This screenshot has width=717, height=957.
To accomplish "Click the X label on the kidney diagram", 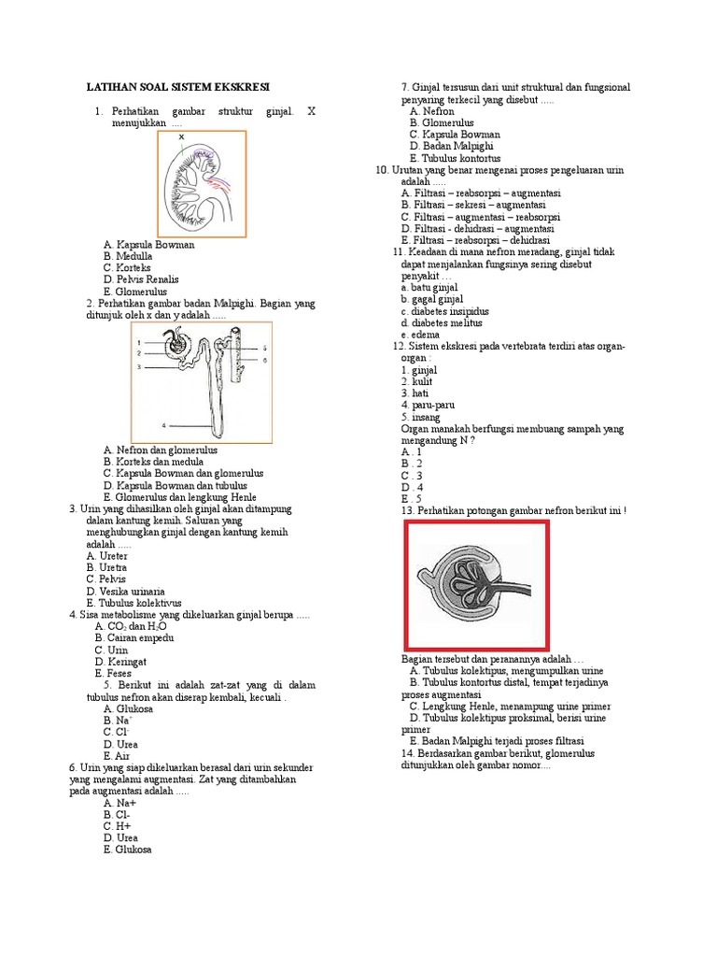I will click(181, 137).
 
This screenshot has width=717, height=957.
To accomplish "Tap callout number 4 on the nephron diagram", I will click(162, 424).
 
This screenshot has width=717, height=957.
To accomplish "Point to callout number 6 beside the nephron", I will click(264, 360).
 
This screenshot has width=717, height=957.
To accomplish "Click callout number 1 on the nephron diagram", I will click(138, 342).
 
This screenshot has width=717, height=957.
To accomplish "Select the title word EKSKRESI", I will click(238, 86).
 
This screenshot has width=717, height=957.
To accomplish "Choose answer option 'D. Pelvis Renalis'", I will click(141, 279).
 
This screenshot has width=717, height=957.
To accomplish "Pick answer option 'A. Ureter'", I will click(107, 555).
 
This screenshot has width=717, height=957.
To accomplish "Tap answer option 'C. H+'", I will click(119, 826).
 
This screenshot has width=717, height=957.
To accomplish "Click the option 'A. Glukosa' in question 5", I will click(128, 708).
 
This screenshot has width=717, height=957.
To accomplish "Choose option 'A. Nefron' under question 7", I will click(431, 111).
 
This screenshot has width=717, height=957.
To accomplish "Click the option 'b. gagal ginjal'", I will click(431, 300).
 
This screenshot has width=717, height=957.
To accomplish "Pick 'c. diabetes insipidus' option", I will click(444, 311).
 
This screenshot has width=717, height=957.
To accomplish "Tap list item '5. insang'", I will click(419, 417).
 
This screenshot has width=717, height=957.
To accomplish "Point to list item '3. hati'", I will click(415, 393).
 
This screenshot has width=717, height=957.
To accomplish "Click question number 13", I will click(407, 511).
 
